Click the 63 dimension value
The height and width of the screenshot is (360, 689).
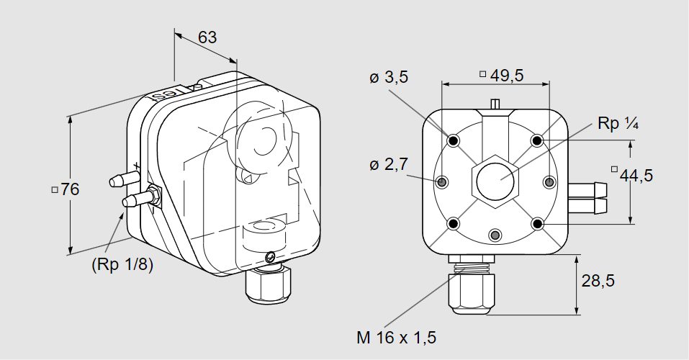[207, 37]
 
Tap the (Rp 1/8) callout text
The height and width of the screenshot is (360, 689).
[122, 265]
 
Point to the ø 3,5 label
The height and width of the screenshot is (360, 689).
[389, 77]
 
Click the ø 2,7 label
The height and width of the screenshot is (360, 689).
[389, 164]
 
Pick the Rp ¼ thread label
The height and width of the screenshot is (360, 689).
[618, 124]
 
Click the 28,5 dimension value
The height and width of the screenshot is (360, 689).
[598, 280]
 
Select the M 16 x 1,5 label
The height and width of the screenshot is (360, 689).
[397, 338]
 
